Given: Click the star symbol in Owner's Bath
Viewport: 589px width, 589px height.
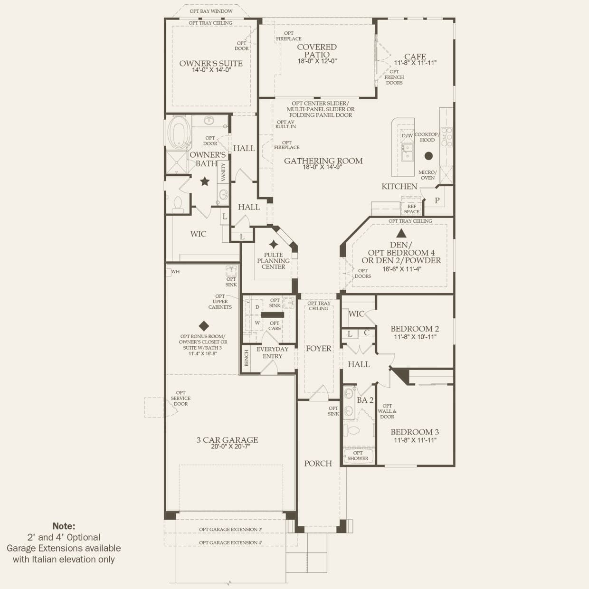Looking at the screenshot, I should point(205,181).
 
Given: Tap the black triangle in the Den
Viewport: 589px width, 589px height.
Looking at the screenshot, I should point(402,233).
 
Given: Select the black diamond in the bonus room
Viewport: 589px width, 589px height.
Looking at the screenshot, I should point(204,326).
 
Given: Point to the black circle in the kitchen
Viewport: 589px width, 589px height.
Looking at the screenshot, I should point(428,155).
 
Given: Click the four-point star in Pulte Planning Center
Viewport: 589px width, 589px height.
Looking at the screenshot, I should point(274,245).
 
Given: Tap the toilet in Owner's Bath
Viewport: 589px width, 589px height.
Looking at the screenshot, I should point(178,203).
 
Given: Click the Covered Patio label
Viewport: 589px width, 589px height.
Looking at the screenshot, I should point(317,50).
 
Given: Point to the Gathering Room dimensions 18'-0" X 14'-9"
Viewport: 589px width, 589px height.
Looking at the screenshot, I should point(323,167).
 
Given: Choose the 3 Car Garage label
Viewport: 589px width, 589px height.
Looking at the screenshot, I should point(227,440).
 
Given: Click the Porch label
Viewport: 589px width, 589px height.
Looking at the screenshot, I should point(318,463).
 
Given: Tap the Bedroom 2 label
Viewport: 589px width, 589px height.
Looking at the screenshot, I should point(415,329).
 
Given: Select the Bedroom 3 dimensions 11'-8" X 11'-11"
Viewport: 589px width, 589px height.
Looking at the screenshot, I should point(415,440).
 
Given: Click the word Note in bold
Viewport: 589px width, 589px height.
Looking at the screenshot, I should point(64,526).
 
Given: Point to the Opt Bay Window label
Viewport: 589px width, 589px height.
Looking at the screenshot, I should point(211,11).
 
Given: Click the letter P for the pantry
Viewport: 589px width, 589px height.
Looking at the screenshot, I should point(437,200).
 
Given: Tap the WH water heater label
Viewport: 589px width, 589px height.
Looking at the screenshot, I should point(176,272).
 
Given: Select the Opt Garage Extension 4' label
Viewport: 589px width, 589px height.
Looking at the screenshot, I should point(230,542).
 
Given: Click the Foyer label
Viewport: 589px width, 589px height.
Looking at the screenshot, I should point(318,349).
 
